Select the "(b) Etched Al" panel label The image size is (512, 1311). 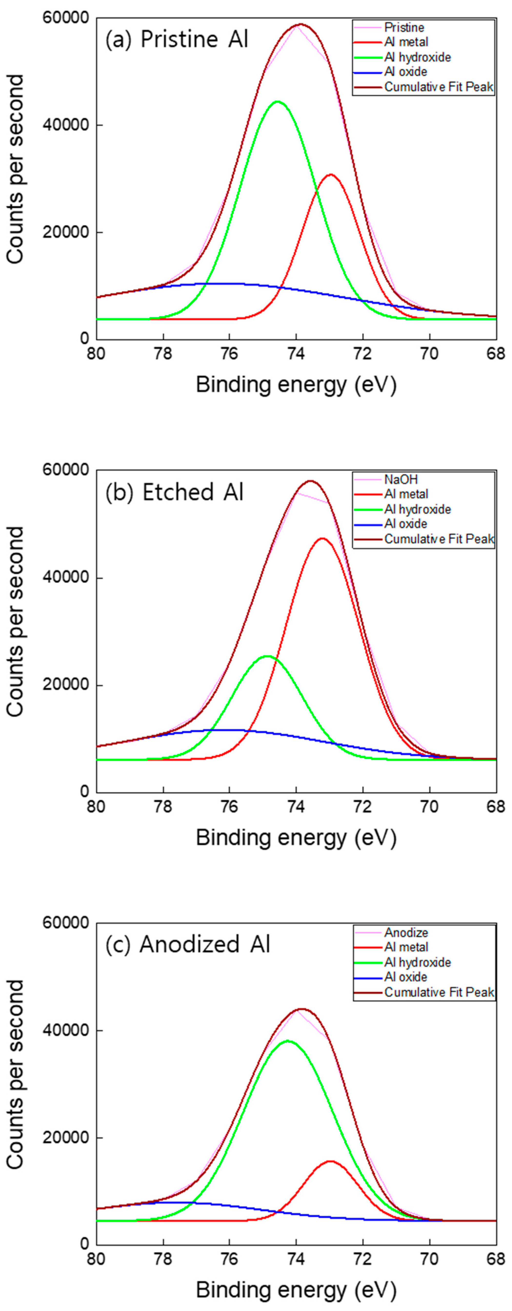(174, 492)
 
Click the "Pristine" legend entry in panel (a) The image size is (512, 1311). (404, 27)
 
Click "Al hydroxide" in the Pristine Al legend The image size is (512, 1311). (417, 57)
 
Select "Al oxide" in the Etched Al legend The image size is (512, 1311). (406, 524)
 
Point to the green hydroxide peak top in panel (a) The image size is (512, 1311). (277, 102)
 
